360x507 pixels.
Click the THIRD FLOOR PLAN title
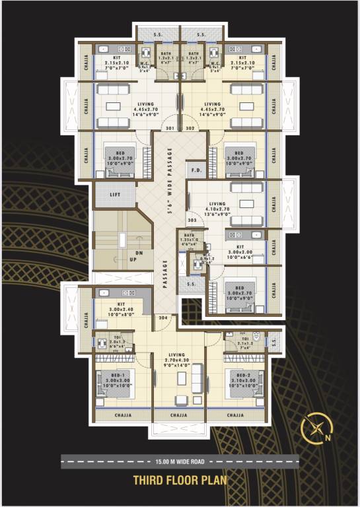click(x=180, y=480)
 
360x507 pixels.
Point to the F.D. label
click(x=196, y=170)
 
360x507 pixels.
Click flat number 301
click(x=170, y=128)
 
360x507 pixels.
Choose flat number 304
click(x=164, y=318)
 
